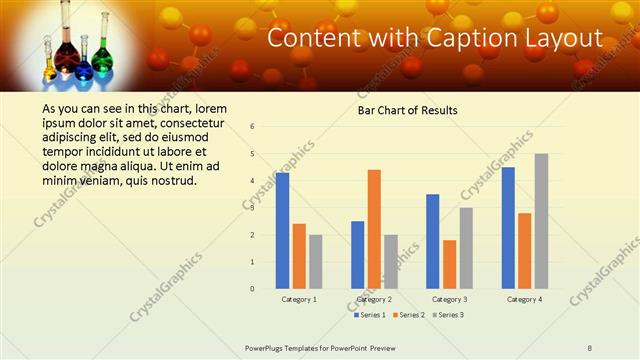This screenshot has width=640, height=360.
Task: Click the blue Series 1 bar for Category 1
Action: coord(283,230)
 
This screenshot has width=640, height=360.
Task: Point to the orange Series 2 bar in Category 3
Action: coord(449,263)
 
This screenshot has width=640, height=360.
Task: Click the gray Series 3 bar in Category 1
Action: coord(315,261)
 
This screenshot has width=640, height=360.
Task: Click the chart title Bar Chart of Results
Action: coord(408,110)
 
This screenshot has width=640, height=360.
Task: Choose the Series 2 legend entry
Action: coord(409,315)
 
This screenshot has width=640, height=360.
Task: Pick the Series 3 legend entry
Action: coord(448,315)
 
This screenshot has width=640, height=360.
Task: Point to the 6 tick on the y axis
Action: coord(253,127)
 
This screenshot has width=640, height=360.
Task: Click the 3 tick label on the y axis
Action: coord(253,208)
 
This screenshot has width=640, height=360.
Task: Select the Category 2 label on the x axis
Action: coord(374,299)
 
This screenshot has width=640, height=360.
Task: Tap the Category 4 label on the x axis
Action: coord(525,299)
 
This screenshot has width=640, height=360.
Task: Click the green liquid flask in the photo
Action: coord(84,68)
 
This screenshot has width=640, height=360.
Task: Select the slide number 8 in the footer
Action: coord(590,348)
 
